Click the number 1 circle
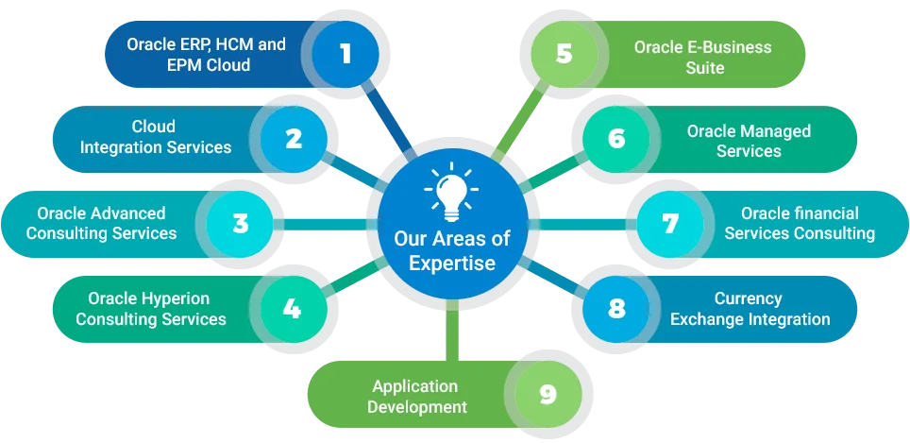[x=345, y=54]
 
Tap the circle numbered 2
[x=294, y=140]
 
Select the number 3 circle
[x=240, y=224]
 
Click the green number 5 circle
[x=565, y=54]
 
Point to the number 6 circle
[x=616, y=140]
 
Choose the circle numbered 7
[x=670, y=224]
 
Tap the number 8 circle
[x=616, y=309]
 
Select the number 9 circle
[x=548, y=394]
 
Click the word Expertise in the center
[x=452, y=263]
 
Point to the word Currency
[x=748, y=298]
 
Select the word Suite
[x=705, y=68]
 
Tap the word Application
[x=415, y=386]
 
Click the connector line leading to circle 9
[x=452, y=331]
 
